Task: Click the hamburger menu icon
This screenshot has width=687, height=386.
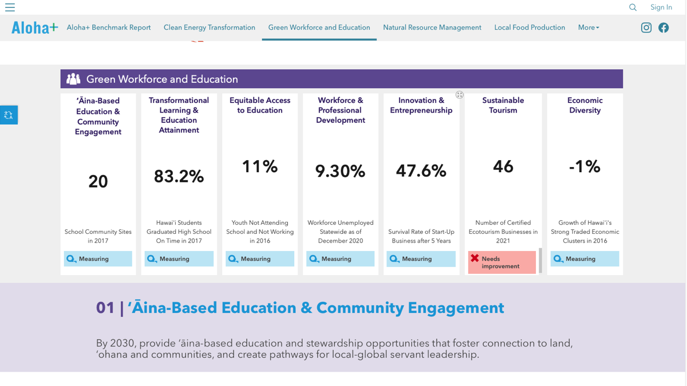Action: pos(10,7)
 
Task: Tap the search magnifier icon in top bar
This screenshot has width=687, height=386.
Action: pos(633,7)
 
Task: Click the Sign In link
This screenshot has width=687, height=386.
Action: pos(661,7)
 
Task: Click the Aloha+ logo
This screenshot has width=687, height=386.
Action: pos(34,27)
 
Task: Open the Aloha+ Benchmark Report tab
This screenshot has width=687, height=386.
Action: pos(109,27)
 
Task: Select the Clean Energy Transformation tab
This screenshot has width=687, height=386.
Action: pos(210,27)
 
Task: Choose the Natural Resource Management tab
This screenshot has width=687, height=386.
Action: pos(432,27)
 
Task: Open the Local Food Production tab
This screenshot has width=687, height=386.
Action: pos(530,27)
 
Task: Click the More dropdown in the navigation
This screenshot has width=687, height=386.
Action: pos(589,27)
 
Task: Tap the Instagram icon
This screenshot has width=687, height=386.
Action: pos(646,27)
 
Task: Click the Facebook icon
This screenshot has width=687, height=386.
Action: pos(664,27)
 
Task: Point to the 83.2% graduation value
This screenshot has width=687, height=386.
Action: pos(179,177)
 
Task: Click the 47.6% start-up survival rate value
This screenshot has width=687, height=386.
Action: pos(421,171)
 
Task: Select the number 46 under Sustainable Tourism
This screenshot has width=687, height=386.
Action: pos(503,166)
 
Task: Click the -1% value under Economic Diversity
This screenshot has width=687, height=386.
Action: pos(585,166)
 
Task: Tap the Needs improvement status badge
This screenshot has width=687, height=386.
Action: pos(502,262)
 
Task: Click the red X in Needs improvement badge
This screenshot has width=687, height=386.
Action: pos(475,258)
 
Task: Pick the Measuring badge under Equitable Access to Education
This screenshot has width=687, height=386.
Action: pos(259,259)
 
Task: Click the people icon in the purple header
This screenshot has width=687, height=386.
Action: pos(73,79)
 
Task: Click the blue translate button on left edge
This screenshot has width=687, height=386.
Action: pos(9,115)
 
